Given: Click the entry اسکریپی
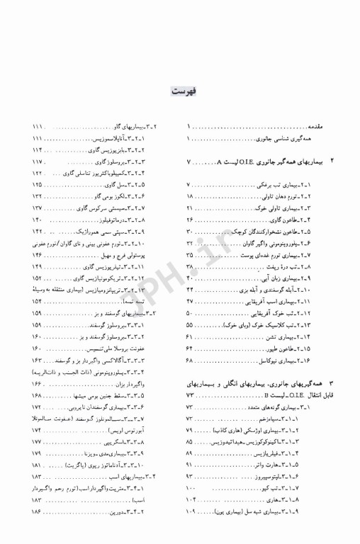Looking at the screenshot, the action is pos(128,441).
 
